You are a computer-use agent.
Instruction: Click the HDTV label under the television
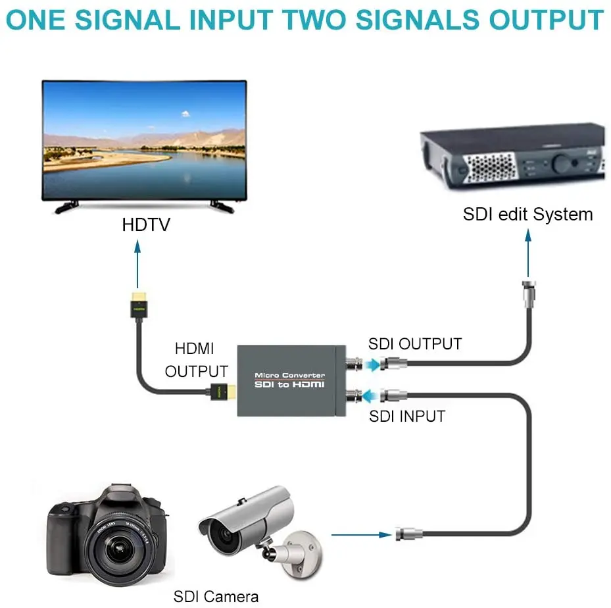click(x=145, y=224)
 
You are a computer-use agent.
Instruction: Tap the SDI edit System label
click(x=527, y=214)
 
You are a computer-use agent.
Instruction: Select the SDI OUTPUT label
click(x=414, y=343)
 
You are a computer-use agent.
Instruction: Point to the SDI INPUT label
click(x=406, y=416)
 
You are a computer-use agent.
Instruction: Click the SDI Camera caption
click(x=216, y=597)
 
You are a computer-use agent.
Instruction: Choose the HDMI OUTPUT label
click(x=196, y=359)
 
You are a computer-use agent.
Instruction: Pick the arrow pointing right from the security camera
click(x=362, y=535)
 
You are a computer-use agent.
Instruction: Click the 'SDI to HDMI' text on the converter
click(x=289, y=384)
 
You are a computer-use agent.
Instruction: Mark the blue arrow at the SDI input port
click(x=372, y=395)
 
